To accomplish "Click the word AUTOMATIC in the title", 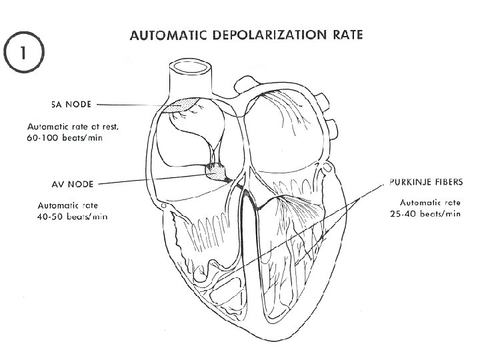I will pos(172,35).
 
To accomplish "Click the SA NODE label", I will pos(72,105).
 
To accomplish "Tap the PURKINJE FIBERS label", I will pos(425,181).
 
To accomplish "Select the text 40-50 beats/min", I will pos(73,217).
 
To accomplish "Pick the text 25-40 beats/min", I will pos(425,214).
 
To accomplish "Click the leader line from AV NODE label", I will pos(153,179).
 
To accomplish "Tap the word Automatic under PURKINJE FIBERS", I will pos(417,202).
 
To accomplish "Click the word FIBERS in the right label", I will pos(444,181).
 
